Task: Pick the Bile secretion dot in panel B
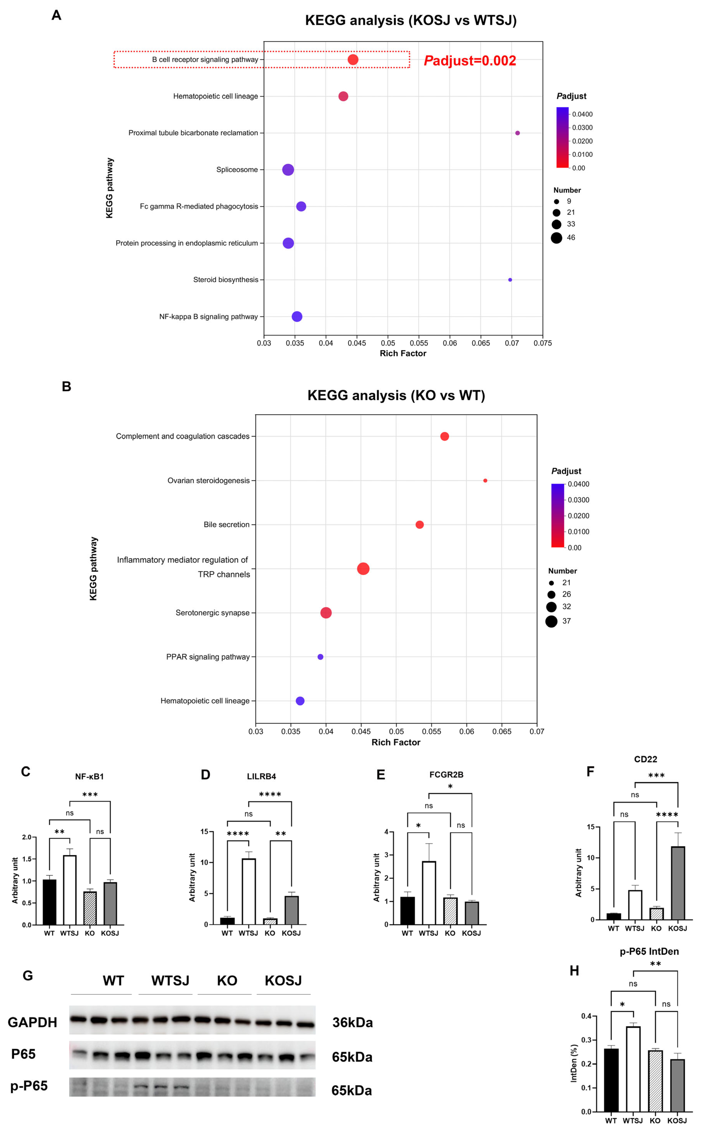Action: coord(419,525)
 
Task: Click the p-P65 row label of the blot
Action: coord(29,1086)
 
